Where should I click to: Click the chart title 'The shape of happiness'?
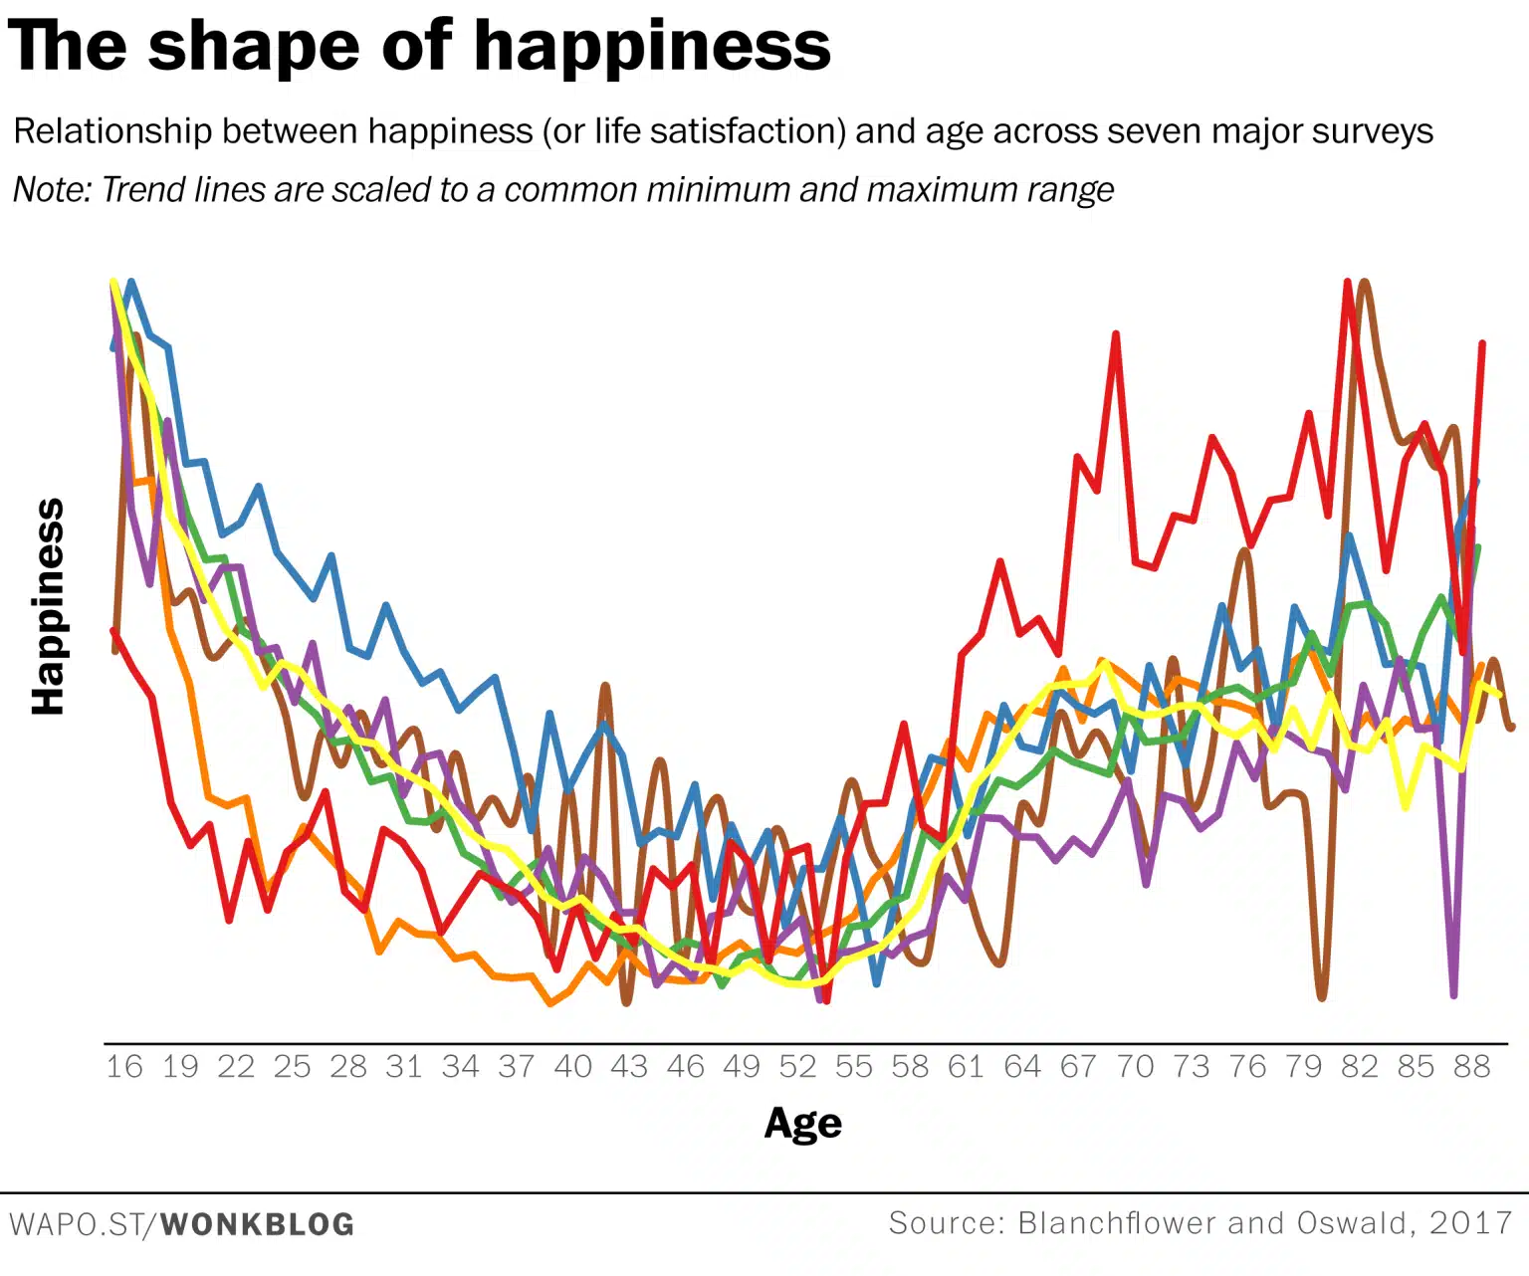[x=418, y=46]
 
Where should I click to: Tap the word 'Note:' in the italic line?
[x=52, y=189]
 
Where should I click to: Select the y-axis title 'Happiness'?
[x=48, y=606]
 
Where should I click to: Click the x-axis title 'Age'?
[x=802, y=1123]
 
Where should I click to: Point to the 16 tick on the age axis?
[x=124, y=1067]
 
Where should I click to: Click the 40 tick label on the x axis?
[x=573, y=1067]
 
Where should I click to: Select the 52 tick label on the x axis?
[x=797, y=1067]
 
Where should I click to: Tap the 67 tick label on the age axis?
[x=1078, y=1067]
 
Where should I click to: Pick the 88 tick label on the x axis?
[x=1471, y=1067]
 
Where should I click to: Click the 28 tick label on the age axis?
[x=348, y=1067]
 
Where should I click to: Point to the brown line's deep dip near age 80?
[x=1321, y=995]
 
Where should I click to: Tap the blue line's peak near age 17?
[x=131, y=283]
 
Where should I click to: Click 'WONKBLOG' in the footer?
[x=257, y=1224]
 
